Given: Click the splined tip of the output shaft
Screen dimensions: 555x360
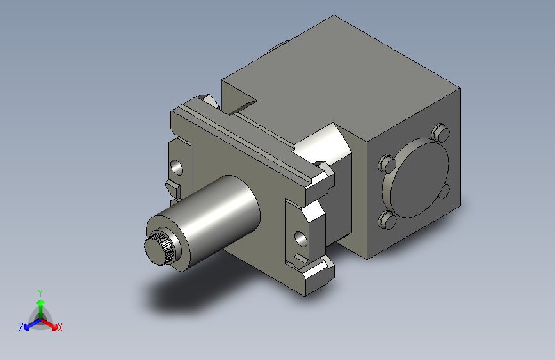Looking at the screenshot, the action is pyautogui.click(x=158, y=248).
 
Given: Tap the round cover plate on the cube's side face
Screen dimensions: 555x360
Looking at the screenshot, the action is pyautogui.click(x=415, y=178).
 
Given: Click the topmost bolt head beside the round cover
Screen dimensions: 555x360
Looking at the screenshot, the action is pyautogui.click(x=440, y=133).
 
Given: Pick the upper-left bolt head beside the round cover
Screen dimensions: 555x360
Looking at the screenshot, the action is pyautogui.click(x=387, y=163).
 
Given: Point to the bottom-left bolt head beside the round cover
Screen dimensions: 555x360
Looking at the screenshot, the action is pyautogui.click(x=387, y=220).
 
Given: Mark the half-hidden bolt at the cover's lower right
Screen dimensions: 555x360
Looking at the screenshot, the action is pyautogui.click(x=444, y=192).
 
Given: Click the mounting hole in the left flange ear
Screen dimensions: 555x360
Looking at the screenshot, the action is pyautogui.click(x=177, y=167).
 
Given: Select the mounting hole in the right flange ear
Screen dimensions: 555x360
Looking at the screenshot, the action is pyautogui.click(x=300, y=239).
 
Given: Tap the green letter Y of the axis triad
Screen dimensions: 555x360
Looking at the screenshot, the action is pyautogui.click(x=40, y=293).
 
